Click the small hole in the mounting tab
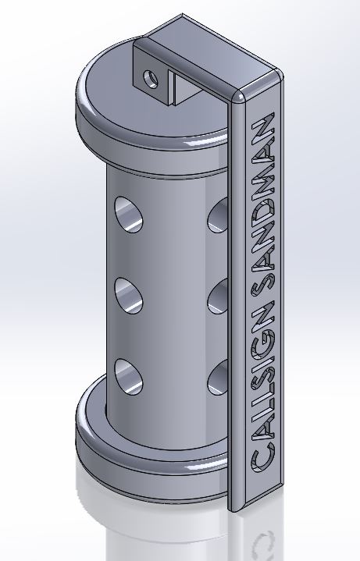pos(151,79)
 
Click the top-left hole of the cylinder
pos(129,215)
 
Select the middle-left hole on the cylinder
pos(129,296)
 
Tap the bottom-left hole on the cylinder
pos(129,377)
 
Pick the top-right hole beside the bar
pos(218,215)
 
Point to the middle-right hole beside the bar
pos(218,296)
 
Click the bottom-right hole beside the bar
pos(218,378)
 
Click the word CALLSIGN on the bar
pos(263,386)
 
